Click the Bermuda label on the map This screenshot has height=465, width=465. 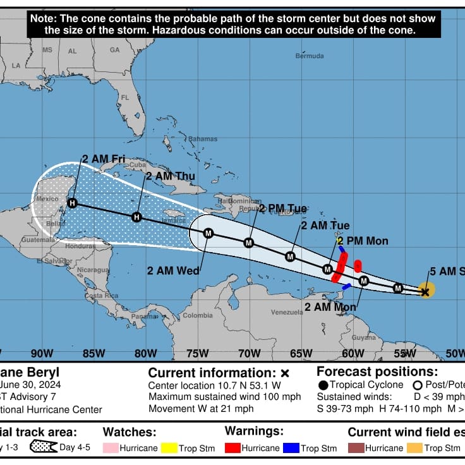[310, 56]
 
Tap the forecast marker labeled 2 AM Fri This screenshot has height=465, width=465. [72, 203]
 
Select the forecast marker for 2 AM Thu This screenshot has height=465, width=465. [136, 217]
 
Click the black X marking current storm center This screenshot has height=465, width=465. [425, 291]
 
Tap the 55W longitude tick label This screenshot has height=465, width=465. [404, 353]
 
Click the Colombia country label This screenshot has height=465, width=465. [198, 315]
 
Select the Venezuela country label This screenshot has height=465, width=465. [287, 312]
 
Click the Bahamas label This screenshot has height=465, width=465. [202, 139]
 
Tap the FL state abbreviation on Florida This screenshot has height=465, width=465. [124, 97]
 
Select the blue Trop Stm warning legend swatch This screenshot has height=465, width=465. [290, 448]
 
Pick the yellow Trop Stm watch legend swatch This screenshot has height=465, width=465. [169, 448]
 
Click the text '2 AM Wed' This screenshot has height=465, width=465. [173, 270]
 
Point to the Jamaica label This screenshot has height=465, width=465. [174, 220]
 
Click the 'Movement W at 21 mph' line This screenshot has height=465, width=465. [200, 409]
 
